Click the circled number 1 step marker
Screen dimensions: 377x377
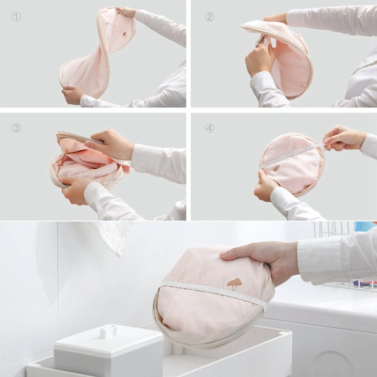pyautogui.click(x=16, y=17)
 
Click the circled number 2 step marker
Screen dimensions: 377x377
pyautogui.click(x=209, y=17)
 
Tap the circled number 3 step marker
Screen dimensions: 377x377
pyautogui.click(x=16, y=128)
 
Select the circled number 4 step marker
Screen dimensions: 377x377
pyautogui.click(x=209, y=128)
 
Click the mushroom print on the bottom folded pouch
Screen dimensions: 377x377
pyautogui.click(x=234, y=284)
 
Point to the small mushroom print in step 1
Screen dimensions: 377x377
pyautogui.click(x=125, y=34)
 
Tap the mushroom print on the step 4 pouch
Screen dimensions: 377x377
pyautogui.click(x=276, y=168)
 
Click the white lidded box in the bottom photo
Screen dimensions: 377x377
pyautogui.click(x=108, y=351)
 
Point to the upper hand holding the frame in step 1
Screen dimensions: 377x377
pyautogui.click(x=126, y=11)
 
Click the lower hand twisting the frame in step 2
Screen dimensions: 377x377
pyautogui.click(x=260, y=57)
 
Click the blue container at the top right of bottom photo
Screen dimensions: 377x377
pyautogui.click(x=366, y=226)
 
